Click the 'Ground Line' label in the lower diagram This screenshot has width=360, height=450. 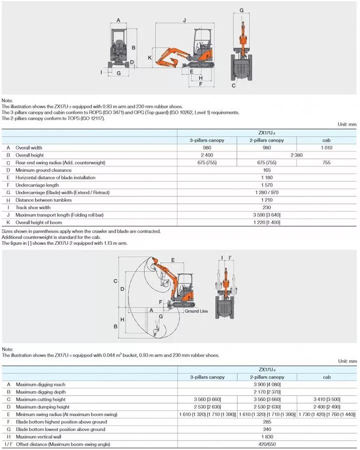coord(196,311)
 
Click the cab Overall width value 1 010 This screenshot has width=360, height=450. coord(327,148)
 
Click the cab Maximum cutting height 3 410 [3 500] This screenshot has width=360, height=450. coord(327,399)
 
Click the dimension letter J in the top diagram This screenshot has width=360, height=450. coord(184,21)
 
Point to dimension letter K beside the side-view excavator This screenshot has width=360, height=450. coord(149,58)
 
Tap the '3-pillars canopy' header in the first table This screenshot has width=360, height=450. coord(207,140)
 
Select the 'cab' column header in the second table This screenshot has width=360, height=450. coord(327,377)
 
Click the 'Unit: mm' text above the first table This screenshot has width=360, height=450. coord(347,124)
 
